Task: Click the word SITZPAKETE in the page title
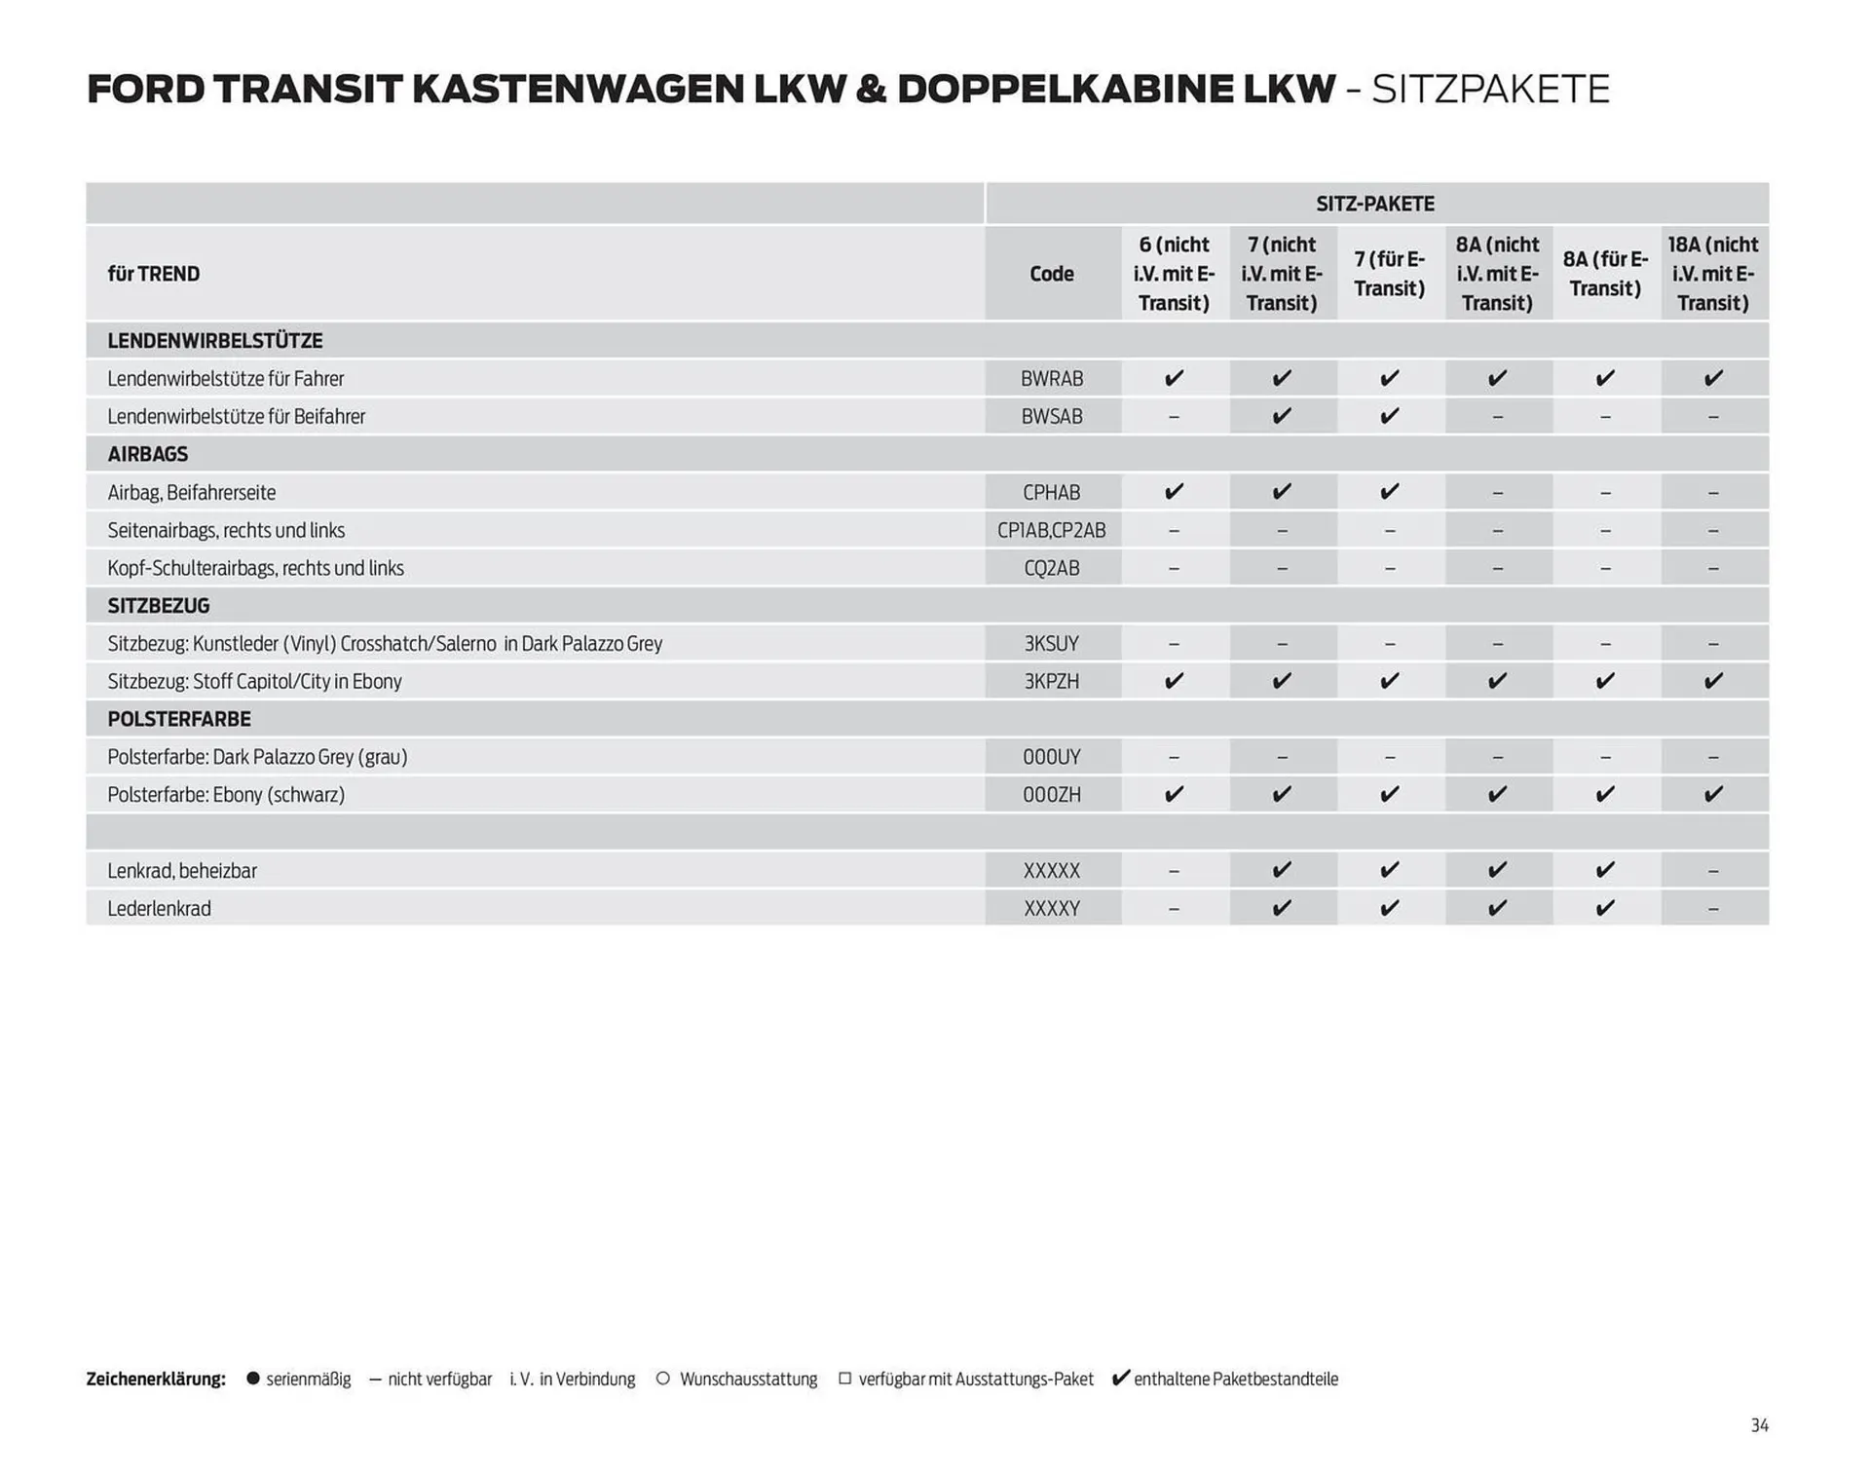tap(1490, 90)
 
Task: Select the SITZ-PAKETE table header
tap(1375, 204)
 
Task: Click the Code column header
tap(1052, 274)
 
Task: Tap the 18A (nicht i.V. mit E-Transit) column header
tap(1712, 274)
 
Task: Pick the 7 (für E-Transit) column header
tap(1389, 274)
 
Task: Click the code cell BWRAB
tap(1052, 378)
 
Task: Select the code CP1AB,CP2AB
tap(1052, 530)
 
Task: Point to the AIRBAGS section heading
tap(148, 454)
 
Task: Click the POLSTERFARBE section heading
tap(179, 719)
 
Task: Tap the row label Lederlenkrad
tap(159, 908)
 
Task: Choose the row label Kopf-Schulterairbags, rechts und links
tap(255, 568)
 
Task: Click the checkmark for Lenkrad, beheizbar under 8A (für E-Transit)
tap(1605, 869)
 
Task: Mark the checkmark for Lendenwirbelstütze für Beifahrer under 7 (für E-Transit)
tap(1389, 416)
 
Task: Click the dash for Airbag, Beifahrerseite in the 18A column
tap(1712, 493)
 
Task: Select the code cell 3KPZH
tap(1052, 681)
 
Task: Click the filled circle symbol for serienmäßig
tap(253, 1378)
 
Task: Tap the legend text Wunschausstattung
tap(748, 1379)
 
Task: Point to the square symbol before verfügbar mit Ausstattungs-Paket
tap(844, 1378)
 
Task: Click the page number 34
tap(1759, 1425)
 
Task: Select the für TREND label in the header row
tap(154, 274)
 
